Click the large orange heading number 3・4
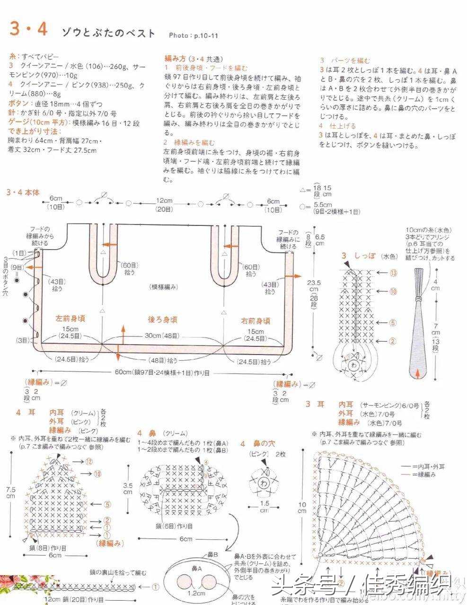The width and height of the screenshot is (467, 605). click(x=28, y=30)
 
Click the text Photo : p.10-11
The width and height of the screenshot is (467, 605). click(x=193, y=35)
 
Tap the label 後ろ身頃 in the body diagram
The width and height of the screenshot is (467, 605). click(x=162, y=320)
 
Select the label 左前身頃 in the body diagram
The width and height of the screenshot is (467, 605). click(x=70, y=319)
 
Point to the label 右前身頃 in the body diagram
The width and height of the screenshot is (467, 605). click(x=256, y=321)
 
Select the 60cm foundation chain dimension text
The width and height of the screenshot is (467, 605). click(x=162, y=372)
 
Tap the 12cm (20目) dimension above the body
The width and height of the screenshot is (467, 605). click(x=165, y=204)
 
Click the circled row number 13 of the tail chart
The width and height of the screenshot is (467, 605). click(x=393, y=273)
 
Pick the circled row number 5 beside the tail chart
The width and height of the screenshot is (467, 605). click(x=393, y=323)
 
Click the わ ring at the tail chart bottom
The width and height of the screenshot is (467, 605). click(x=353, y=365)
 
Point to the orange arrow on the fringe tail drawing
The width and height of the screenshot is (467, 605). click(x=417, y=373)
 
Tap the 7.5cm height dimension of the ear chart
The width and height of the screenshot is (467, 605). click(x=10, y=493)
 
